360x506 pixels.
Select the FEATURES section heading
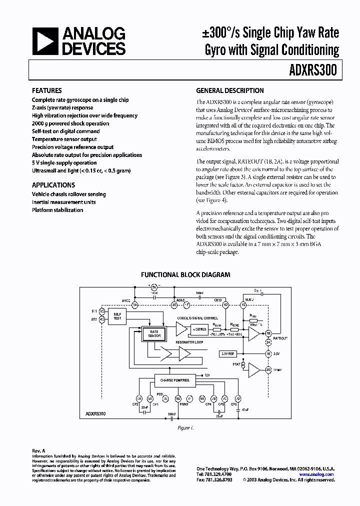(x=47, y=91)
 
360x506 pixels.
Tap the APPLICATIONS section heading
(x=53, y=184)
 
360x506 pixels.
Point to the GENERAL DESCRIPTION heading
(x=229, y=91)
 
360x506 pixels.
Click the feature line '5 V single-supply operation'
(x=64, y=163)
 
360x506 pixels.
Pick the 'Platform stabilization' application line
(x=57, y=210)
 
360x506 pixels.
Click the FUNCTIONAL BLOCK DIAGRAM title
(x=185, y=274)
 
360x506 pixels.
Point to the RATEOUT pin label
(x=280, y=338)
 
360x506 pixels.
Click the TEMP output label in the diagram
(x=278, y=370)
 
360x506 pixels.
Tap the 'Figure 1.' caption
(x=185, y=428)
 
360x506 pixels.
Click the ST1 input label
(x=94, y=310)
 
